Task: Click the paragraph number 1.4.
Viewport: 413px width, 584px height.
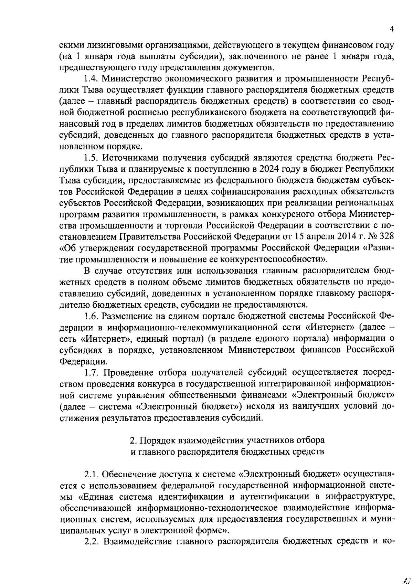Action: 91,79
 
